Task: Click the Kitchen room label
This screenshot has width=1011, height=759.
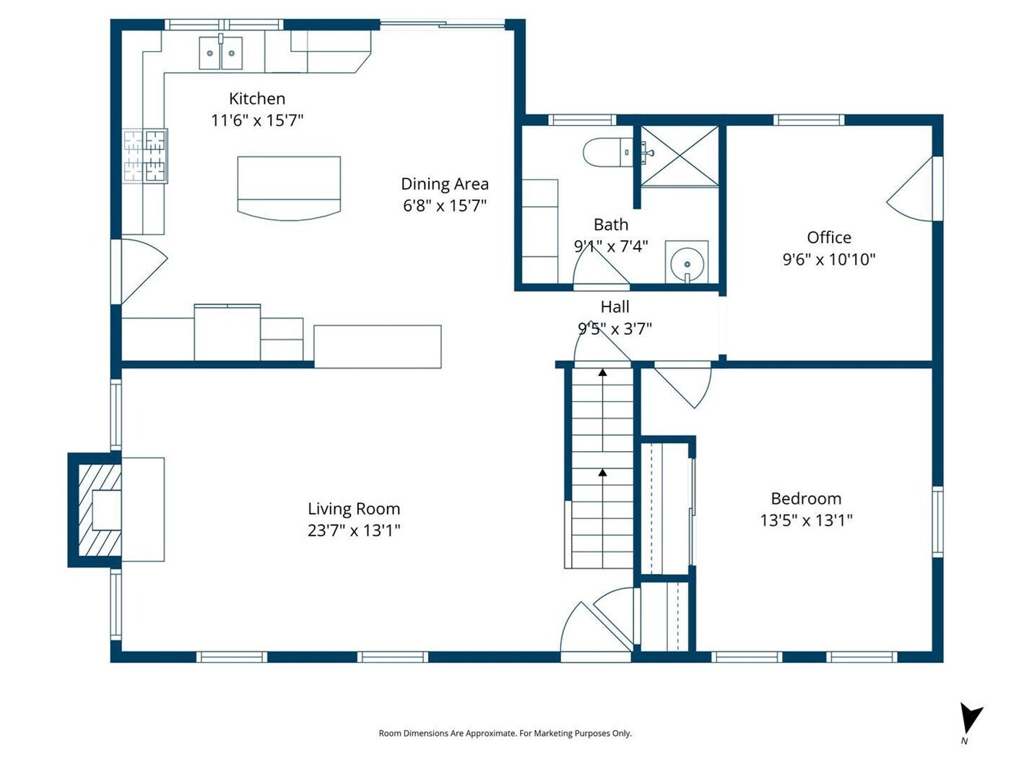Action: click(x=257, y=98)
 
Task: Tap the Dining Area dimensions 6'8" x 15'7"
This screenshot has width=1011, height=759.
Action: click(x=444, y=205)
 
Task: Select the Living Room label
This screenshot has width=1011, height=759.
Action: click(x=354, y=509)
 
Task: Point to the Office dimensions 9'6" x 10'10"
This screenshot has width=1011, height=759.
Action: click(x=828, y=260)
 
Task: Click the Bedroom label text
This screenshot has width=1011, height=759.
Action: click(x=806, y=499)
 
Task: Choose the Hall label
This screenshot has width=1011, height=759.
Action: click(x=615, y=307)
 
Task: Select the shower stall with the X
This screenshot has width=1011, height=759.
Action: click(x=680, y=157)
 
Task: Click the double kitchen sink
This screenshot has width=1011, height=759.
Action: click(x=221, y=53)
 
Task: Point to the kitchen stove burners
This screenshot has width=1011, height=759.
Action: click(x=145, y=155)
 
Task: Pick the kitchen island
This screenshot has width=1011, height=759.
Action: click(x=289, y=188)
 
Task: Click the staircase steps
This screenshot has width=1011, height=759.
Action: click(x=602, y=468)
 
